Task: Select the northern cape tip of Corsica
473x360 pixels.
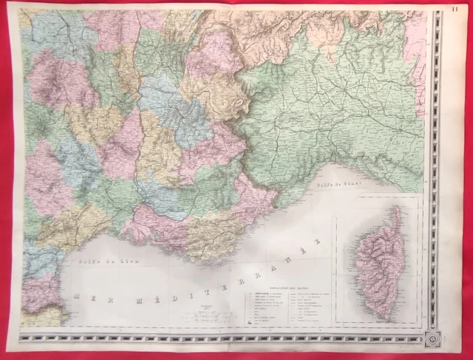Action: [x=397, y=209]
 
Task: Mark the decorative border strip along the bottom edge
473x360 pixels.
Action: [x=222, y=339]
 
